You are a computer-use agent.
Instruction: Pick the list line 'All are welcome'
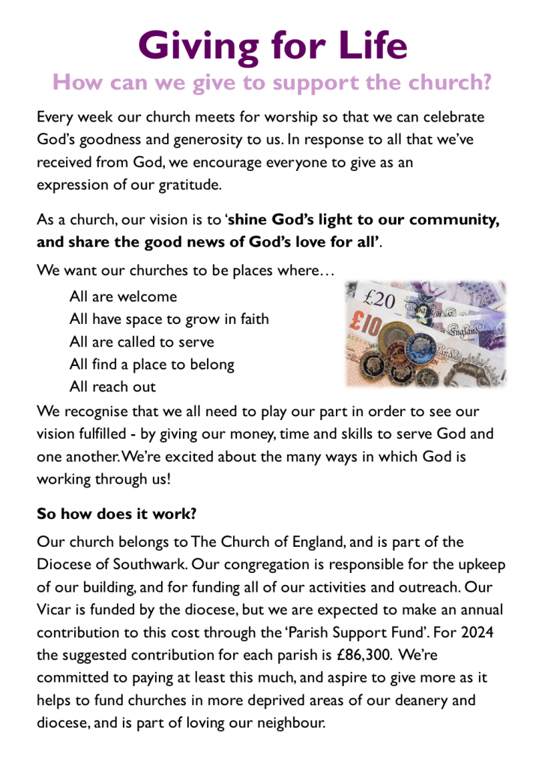(x=123, y=296)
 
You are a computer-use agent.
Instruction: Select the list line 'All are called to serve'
(x=142, y=342)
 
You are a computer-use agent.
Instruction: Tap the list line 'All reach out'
(x=112, y=387)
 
